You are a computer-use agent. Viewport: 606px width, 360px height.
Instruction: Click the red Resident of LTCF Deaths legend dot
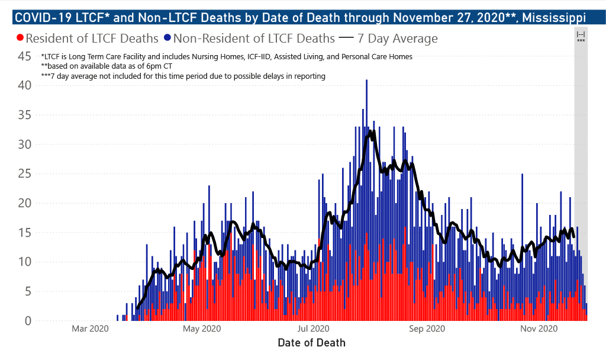pos(21,38)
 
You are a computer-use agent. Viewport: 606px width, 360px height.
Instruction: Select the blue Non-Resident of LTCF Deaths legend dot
pos(168,38)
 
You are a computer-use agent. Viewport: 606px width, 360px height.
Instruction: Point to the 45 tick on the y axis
pos(24,56)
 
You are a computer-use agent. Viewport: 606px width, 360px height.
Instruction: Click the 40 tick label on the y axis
pos(24,85)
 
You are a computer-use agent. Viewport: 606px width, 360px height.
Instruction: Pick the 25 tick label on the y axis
pos(24,173)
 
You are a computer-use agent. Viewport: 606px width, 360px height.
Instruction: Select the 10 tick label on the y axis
pos(24,262)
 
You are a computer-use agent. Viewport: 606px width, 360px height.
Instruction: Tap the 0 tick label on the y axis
pos(27,321)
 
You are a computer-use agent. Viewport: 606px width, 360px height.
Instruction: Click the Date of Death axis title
pos(311,342)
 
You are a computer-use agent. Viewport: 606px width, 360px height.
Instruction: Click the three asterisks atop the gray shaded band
pos(581,41)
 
